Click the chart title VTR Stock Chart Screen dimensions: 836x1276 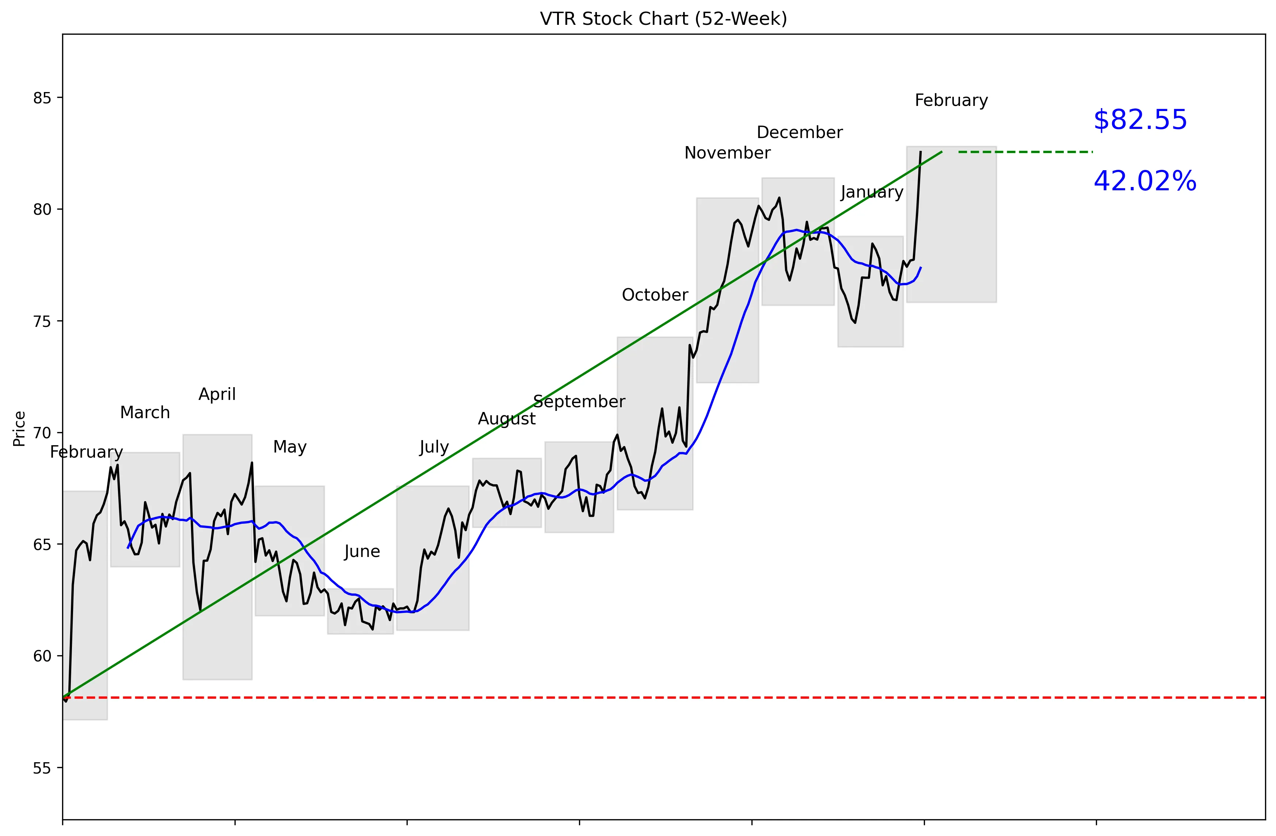(663, 19)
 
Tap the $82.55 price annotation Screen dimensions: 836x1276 (1140, 120)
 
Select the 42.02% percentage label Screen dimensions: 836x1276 (1144, 181)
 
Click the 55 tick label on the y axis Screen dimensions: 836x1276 (42, 768)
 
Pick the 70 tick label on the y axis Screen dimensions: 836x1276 (42, 433)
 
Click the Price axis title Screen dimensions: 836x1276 (19, 429)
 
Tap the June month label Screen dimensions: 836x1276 (362, 551)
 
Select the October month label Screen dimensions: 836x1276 (655, 295)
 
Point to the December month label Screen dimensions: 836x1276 (799, 132)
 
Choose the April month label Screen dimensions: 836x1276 (217, 394)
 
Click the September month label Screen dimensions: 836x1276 (579, 401)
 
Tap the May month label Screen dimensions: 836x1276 (290, 447)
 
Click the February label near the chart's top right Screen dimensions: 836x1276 (951, 100)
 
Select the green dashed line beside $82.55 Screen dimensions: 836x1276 (1025, 152)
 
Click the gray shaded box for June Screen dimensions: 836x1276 (360, 622)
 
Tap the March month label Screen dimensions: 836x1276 (145, 413)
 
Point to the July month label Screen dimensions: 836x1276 (434, 447)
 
